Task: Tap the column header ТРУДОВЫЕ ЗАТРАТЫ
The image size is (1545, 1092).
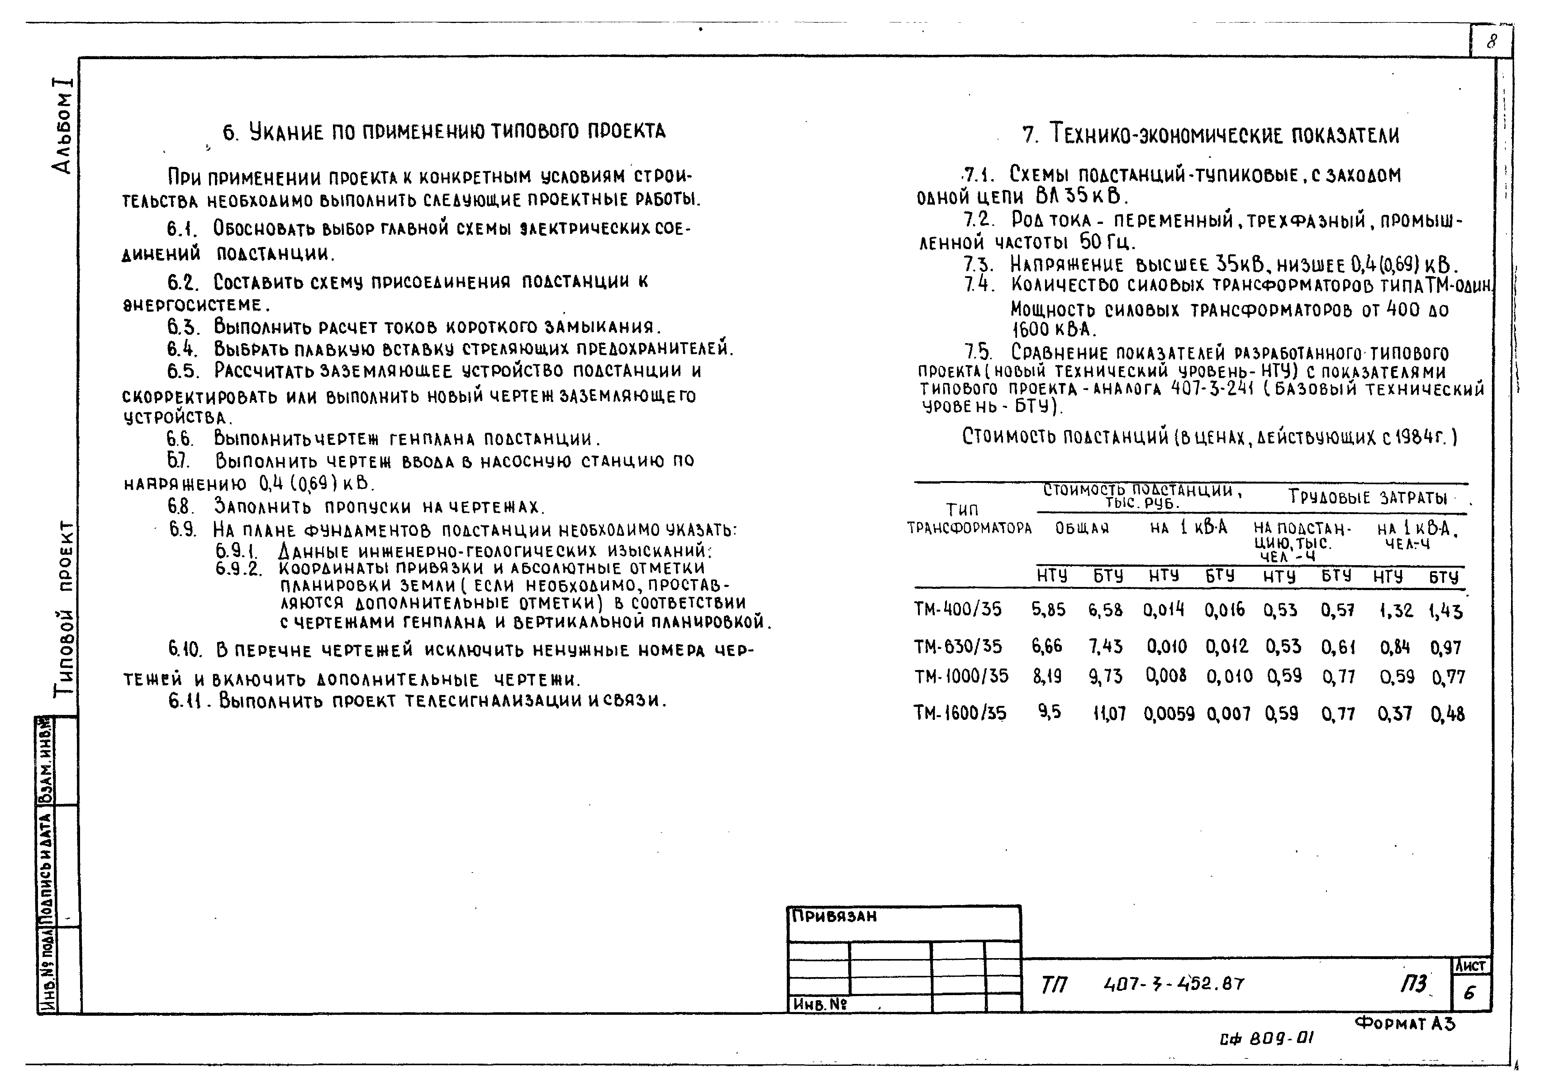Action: (1367, 498)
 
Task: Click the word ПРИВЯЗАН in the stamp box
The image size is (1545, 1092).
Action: (834, 916)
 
